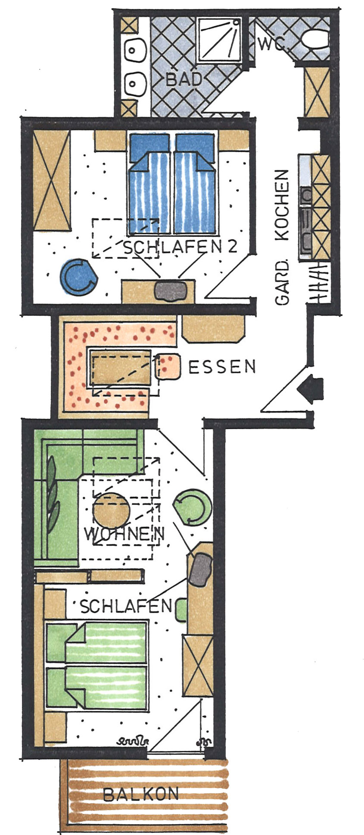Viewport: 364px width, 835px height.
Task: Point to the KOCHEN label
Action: [283, 205]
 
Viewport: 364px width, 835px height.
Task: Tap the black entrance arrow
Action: [311, 388]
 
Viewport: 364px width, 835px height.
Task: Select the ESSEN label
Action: [222, 367]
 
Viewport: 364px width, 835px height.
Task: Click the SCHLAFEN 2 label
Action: [180, 247]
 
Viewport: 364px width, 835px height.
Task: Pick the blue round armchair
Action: [79, 277]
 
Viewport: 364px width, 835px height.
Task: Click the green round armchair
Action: [193, 506]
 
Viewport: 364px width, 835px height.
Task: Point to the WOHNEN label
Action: [124, 534]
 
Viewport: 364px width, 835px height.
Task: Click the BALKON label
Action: [141, 794]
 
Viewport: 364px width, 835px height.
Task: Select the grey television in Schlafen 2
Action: [171, 291]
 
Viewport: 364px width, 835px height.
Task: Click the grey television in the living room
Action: [200, 569]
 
